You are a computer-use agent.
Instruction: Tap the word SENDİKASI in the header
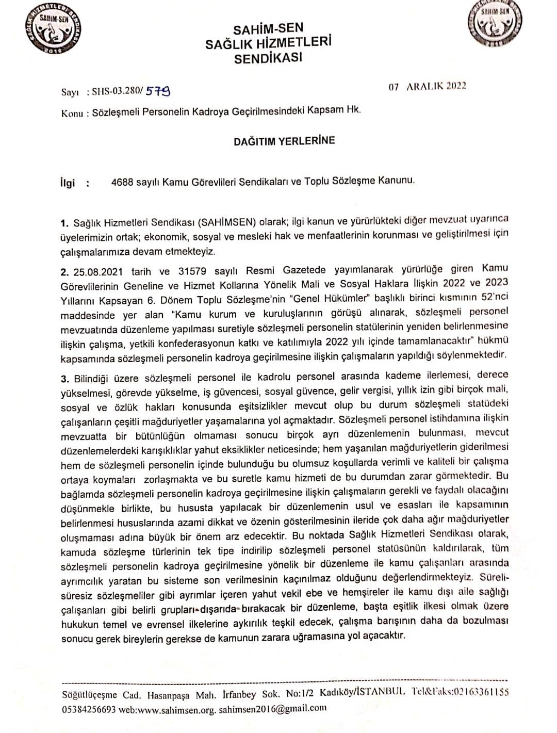point(268,57)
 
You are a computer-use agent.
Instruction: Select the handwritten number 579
point(158,91)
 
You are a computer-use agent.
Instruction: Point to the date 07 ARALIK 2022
point(428,86)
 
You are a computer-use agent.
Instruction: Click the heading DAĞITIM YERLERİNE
point(284,140)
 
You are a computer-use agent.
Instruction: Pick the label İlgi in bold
point(68,183)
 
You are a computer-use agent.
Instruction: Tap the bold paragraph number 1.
point(64,223)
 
